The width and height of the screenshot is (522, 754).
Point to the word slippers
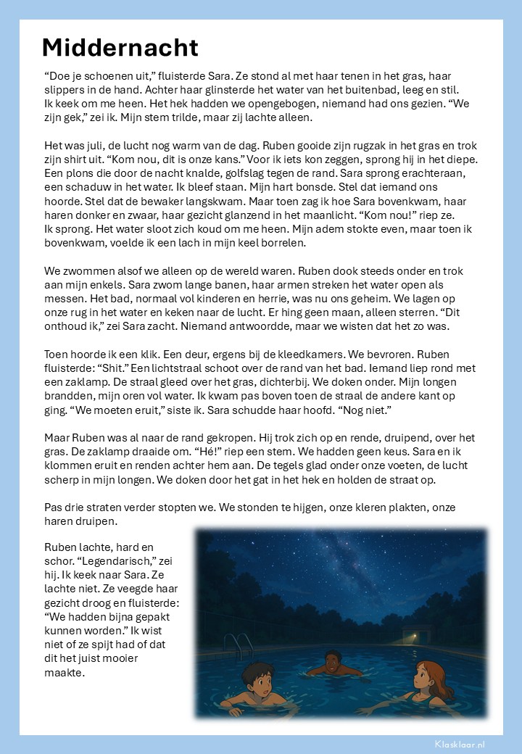tap(66, 89)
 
